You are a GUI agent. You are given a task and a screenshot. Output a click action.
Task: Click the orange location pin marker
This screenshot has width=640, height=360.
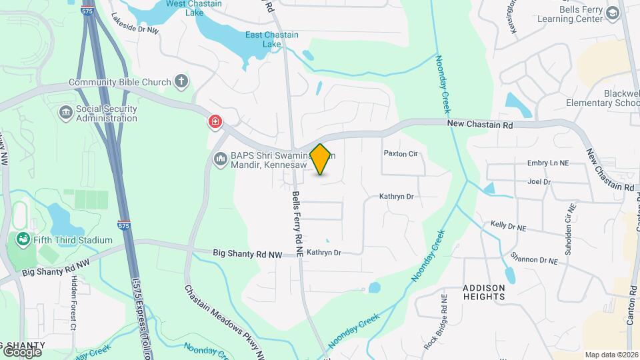coord(321,159)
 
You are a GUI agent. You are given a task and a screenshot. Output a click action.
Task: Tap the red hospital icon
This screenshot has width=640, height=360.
coord(215,121)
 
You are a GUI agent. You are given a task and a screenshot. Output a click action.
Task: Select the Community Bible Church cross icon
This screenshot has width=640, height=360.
coord(181,82)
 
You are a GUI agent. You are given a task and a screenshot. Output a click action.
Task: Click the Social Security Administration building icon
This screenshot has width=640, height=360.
coord(66,113)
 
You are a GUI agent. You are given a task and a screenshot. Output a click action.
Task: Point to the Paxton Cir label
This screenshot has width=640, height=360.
coord(400,153)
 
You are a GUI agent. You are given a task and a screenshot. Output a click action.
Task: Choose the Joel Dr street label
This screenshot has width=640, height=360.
coord(539,181)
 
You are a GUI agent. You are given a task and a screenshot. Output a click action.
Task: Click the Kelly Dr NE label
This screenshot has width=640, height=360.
coord(509,227)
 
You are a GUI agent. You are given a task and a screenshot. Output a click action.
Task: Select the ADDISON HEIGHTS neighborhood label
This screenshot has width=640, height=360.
coord(484,293)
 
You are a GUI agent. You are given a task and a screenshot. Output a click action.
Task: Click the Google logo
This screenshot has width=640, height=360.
coord(22,351)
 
